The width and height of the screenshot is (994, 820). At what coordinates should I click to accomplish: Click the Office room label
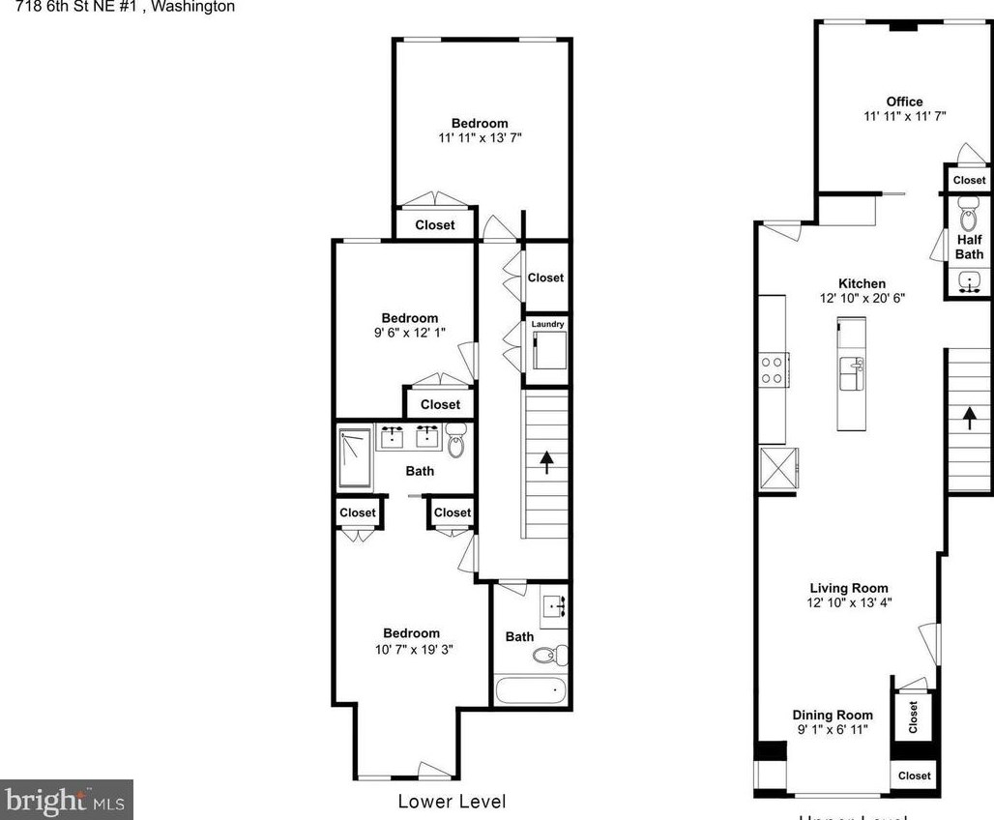[x=904, y=102]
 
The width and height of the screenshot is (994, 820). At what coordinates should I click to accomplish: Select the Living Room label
[x=848, y=588]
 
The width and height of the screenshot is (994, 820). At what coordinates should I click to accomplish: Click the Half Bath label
[x=969, y=247]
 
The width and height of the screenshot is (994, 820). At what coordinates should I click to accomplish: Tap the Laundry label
[x=546, y=324]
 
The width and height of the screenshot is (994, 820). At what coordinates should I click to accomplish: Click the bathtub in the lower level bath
[x=530, y=690]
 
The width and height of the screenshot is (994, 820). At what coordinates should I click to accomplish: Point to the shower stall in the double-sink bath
[x=354, y=459]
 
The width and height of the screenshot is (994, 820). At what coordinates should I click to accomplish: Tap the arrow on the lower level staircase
[x=546, y=462]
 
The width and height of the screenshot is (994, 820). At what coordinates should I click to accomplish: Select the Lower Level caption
[x=452, y=801]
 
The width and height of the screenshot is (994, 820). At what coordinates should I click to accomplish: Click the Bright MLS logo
[x=66, y=800]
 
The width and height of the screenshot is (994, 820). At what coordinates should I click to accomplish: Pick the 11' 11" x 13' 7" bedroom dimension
[x=480, y=138]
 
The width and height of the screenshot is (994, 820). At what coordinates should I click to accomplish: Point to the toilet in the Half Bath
[x=967, y=211]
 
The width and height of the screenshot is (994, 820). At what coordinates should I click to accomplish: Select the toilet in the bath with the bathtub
[x=547, y=655]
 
